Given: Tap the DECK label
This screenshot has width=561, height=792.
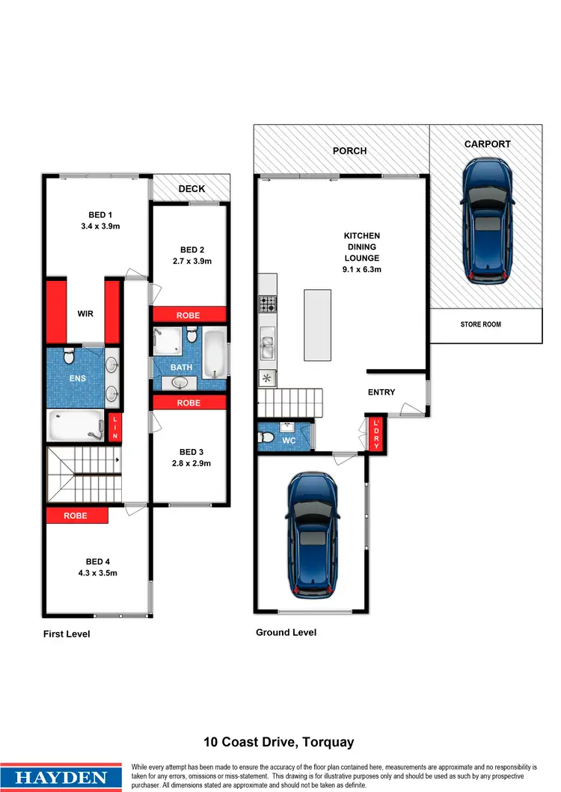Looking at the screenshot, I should point(191,189).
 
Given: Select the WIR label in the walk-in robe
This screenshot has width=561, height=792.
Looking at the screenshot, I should point(85,314).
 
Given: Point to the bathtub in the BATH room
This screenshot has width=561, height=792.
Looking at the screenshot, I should point(215,351).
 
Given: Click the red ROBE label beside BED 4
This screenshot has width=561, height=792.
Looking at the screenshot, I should point(76,516).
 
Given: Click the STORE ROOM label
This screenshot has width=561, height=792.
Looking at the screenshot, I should point(481,324).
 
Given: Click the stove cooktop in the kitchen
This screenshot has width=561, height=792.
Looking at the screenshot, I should point(268,304).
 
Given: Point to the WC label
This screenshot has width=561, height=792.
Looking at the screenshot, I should point(289,441).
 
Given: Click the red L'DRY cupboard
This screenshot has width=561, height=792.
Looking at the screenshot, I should point(376,433).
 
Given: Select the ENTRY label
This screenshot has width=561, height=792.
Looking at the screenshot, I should point(381,392).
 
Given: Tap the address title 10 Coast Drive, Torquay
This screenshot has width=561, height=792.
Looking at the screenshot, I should point(279,743).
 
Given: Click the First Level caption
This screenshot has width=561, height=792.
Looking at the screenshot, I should point(67,634).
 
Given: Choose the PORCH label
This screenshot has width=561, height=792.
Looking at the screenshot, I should point(349,151).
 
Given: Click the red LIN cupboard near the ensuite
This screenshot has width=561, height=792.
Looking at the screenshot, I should point(115,427).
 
